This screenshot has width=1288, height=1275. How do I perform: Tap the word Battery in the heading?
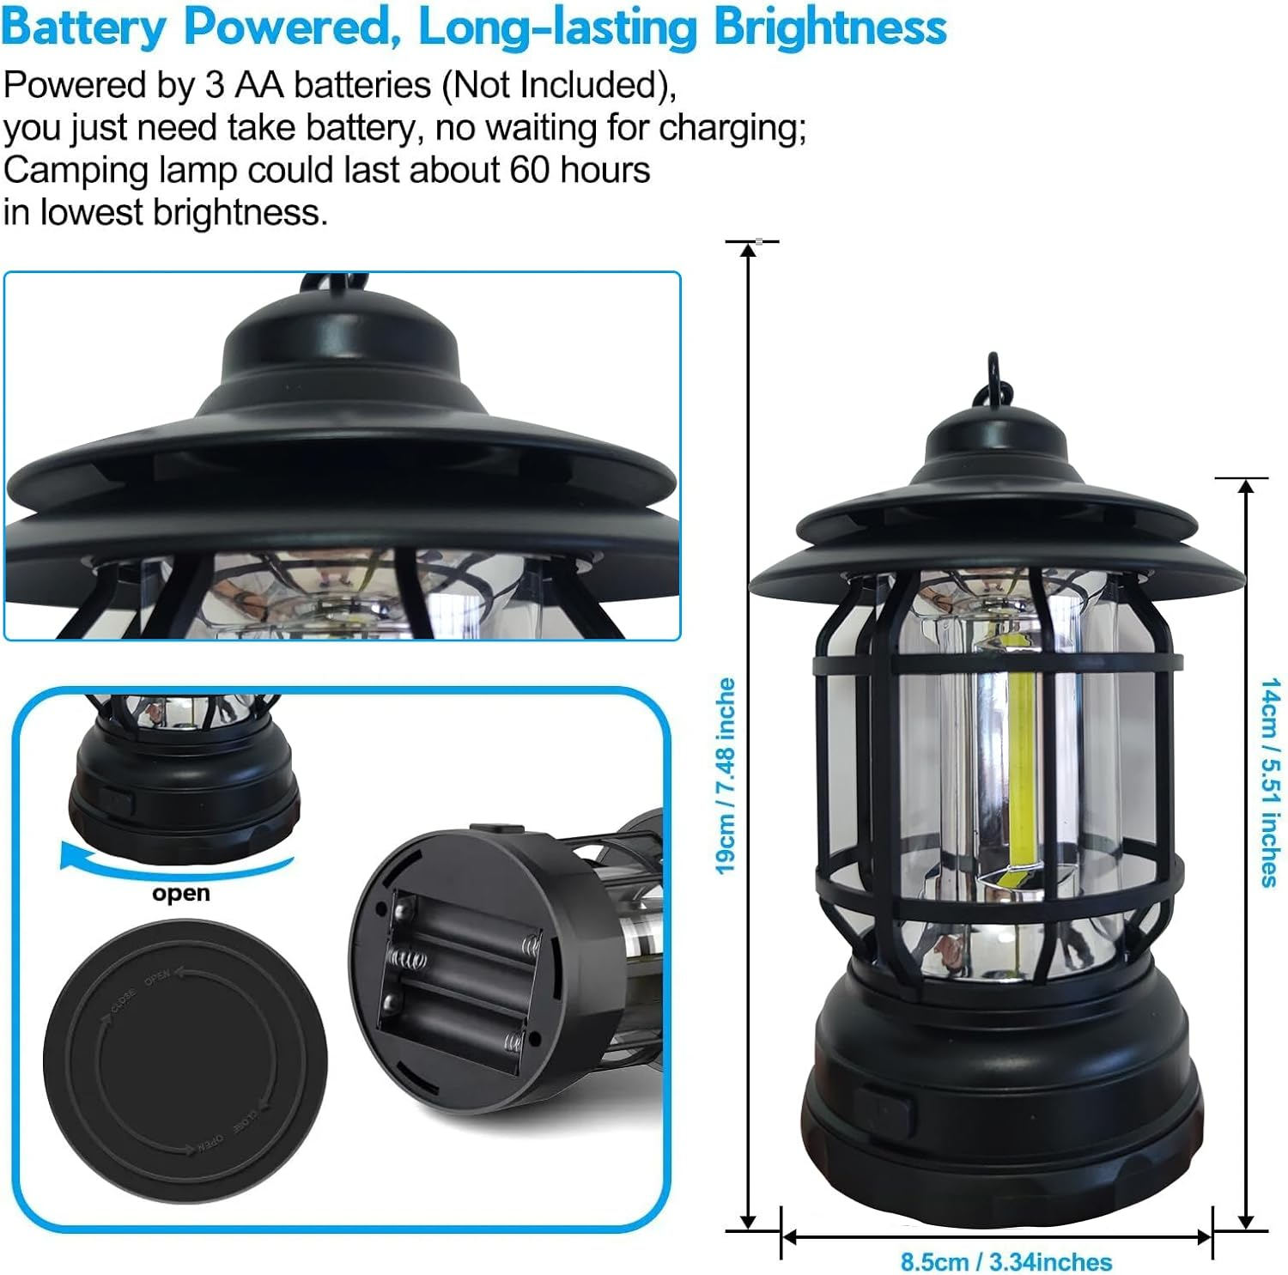point(83,27)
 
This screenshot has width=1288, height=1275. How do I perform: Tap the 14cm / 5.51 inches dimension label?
point(1270,781)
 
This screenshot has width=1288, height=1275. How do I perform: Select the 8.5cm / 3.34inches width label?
point(1005,1262)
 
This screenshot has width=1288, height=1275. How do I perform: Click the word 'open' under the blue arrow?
point(180,893)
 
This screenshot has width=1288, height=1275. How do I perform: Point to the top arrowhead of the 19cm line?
point(749,249)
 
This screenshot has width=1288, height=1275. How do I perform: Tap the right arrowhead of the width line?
point(1203,1237)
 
